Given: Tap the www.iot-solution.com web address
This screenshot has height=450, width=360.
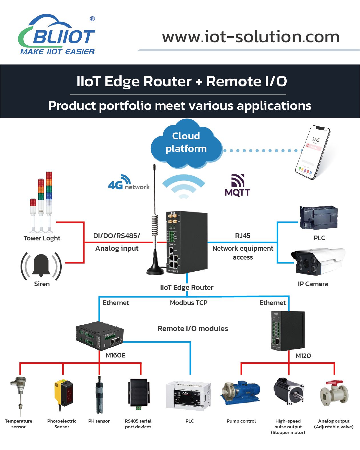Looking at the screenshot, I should pyautogui.click(x=251, y=37).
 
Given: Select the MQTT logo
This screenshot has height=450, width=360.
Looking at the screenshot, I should pyautogui.click(x=237, y=186).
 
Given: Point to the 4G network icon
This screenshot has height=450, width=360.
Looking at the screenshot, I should pyautogui.click(x=128, y=183).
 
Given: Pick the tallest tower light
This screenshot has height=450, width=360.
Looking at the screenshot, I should pyautogui.click(x=49, y=200).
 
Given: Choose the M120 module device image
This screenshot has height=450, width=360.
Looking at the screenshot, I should pyautogui.click(x=287, y=331).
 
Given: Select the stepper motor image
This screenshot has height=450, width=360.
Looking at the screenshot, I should pyautogui.click(x=288, y=391).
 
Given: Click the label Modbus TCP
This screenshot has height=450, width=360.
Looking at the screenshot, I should pyautogui.click(x=189, y=303).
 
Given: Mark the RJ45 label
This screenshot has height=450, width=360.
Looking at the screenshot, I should pyautogui.click(x=243, y=236).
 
